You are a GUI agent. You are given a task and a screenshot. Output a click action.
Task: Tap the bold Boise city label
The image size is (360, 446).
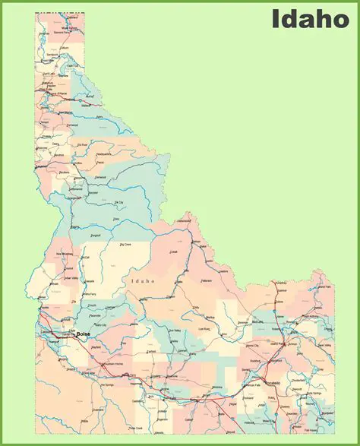click(83, 334)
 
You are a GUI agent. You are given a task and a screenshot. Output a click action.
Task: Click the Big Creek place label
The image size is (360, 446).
click(122, 245)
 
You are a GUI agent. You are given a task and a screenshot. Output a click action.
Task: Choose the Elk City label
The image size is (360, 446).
click(118, 203)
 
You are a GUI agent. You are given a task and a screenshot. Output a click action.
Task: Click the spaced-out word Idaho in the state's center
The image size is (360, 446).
click(143, 281)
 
